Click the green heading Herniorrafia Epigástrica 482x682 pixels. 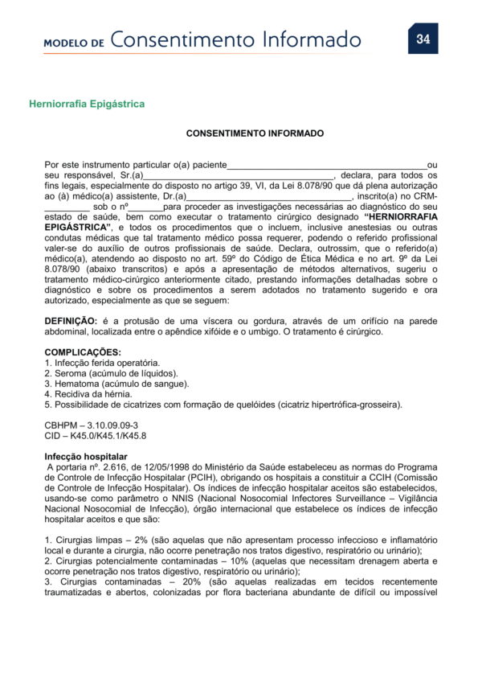tap(87, 104)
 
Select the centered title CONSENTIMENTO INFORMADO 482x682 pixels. tap(255, 134)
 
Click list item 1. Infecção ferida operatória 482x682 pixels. tap(96, 364)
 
